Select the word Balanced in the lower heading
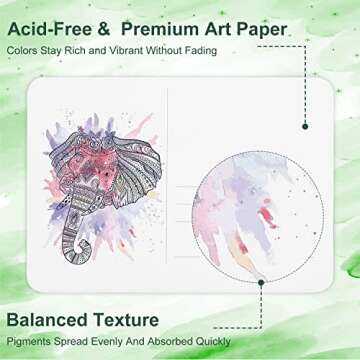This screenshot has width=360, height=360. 47,320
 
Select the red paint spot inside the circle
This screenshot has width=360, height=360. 268,215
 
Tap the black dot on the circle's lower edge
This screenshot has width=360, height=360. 262,284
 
